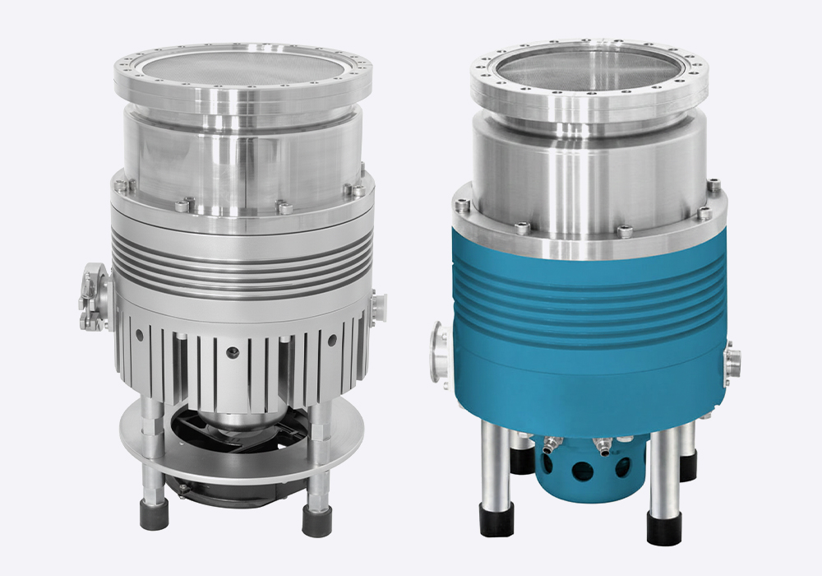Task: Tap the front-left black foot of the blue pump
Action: (x=495, y=521)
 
